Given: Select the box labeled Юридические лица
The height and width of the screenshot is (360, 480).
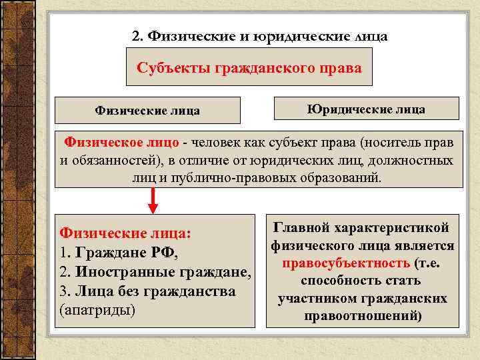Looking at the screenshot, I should click(366, 109).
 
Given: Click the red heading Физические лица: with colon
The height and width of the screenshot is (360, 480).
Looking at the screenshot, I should click(125, 233).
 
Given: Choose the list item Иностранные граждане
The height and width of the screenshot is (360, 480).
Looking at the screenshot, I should click(163, 273).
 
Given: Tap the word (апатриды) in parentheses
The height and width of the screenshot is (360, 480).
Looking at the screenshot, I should click(97, 311).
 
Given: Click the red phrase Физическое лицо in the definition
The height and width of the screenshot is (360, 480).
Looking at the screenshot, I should click(121, 143).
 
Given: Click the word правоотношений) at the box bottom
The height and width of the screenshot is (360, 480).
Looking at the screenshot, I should click(363, 315).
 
